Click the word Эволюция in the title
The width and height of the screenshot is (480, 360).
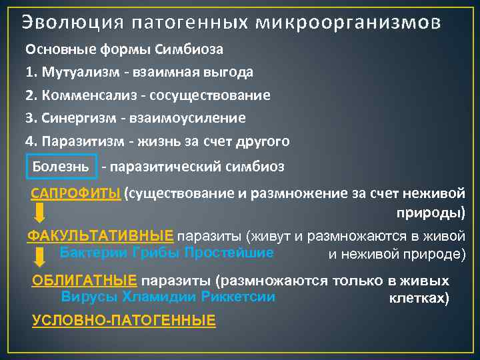71,23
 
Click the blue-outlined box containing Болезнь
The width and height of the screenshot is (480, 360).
61,165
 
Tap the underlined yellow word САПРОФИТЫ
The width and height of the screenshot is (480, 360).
76,194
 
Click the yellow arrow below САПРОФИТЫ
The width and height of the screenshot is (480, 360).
40,213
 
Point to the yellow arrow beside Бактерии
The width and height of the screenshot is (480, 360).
40,257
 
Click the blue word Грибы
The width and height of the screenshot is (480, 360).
156,253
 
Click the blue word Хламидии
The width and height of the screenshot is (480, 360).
158,297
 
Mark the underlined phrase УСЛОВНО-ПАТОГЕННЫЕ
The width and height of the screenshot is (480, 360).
124,321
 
